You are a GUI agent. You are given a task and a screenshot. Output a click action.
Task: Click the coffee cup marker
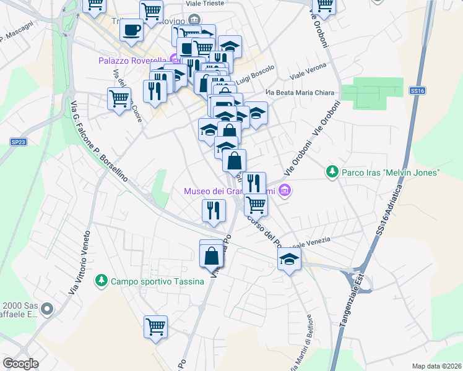click(131, 30)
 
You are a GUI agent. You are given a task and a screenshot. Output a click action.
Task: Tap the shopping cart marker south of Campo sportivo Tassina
click(155, 326)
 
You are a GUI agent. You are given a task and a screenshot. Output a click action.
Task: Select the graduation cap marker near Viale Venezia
click(288, 260)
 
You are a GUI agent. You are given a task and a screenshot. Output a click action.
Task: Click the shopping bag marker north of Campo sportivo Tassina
click(211, 254)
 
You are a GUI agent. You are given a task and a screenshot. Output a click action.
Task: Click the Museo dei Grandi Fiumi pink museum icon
click(285, 190)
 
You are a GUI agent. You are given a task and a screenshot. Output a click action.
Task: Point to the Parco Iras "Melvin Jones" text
click(390, 171)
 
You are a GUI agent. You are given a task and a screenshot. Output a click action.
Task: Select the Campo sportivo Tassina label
click(157, 281)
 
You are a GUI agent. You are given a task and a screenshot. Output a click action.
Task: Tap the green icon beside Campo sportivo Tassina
click(100, 281)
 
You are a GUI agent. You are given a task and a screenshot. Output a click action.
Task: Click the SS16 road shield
click(417, 90)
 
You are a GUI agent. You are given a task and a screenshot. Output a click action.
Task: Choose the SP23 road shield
click(19, 142)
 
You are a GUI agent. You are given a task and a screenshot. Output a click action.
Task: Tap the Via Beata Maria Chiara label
click(300, 93)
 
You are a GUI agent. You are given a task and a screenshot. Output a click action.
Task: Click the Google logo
click(20, 364)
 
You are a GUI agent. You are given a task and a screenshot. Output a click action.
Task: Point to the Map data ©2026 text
click(436, 366)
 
